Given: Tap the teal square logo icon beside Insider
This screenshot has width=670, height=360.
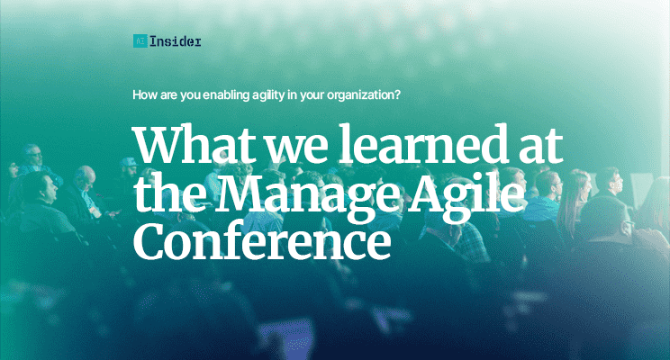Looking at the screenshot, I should click(139, 40).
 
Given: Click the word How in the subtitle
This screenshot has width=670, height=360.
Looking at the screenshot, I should click(144, 94).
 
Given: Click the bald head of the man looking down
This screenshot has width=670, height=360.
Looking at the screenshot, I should click(85, 174).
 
